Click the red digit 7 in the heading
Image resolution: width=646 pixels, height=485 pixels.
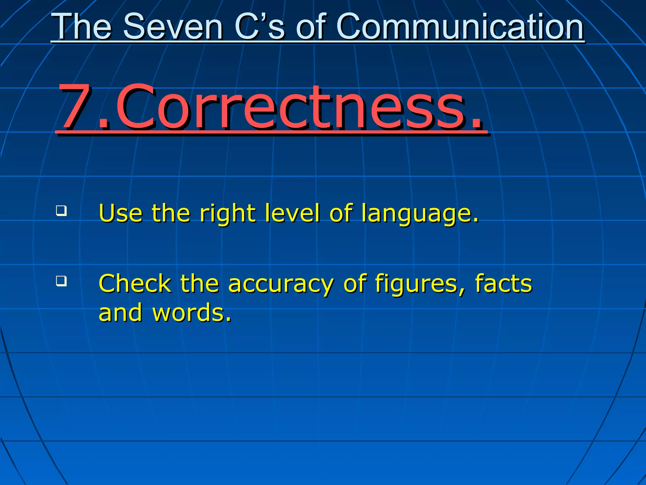click(x=76, y=107)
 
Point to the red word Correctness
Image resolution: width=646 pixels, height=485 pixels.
click(x=290, y=107)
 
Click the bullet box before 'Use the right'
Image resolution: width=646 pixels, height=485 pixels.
click(x=62, y=211)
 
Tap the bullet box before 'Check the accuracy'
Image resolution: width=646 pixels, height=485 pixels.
click(x=62, y=280)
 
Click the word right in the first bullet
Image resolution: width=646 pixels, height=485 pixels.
click(x=227, y=213)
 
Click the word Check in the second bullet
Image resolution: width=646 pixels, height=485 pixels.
click(x=135, y=283)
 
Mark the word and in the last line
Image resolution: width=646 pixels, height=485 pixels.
click(x=120, y=313)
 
